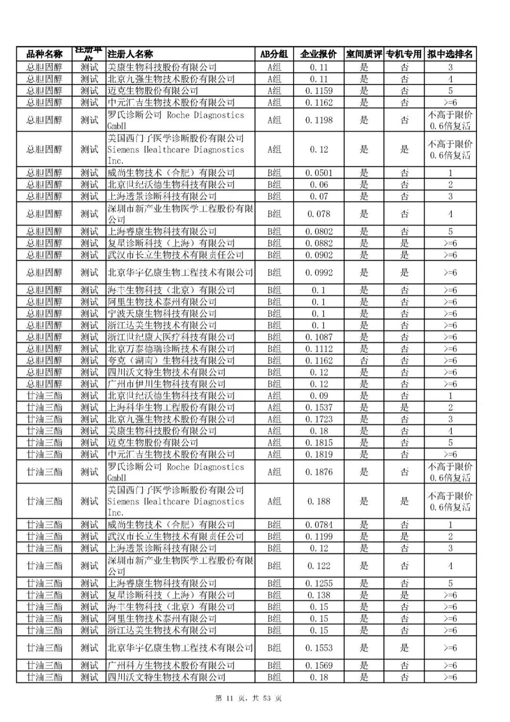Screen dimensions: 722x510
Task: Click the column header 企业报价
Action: click(318, 54)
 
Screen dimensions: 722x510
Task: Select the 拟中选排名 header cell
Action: click(450, 54)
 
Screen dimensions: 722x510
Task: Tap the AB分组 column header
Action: click(274, 54)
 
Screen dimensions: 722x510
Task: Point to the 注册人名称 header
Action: click(130, 54)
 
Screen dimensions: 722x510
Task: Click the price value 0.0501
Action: click(319, 173)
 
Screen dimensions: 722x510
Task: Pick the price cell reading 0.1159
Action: click(319, 91)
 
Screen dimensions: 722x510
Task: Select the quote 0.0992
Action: click(319, 273)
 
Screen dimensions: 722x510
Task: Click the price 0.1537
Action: click(319, 407)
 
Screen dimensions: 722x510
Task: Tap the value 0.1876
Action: click(319, 472)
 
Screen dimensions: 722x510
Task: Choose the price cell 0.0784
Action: click(319, 525)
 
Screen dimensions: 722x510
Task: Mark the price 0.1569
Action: click(319, 666)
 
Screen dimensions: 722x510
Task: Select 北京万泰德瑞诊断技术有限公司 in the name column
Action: click(171, 349)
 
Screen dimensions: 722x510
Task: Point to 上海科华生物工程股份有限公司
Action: click(171, 407)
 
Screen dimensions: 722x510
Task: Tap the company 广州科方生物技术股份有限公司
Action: click(171, 666)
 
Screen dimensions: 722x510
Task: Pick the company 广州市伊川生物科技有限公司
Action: click(166, 384)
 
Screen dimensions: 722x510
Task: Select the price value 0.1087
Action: click(319, 337)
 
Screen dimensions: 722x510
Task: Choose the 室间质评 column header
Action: click(364, 54)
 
